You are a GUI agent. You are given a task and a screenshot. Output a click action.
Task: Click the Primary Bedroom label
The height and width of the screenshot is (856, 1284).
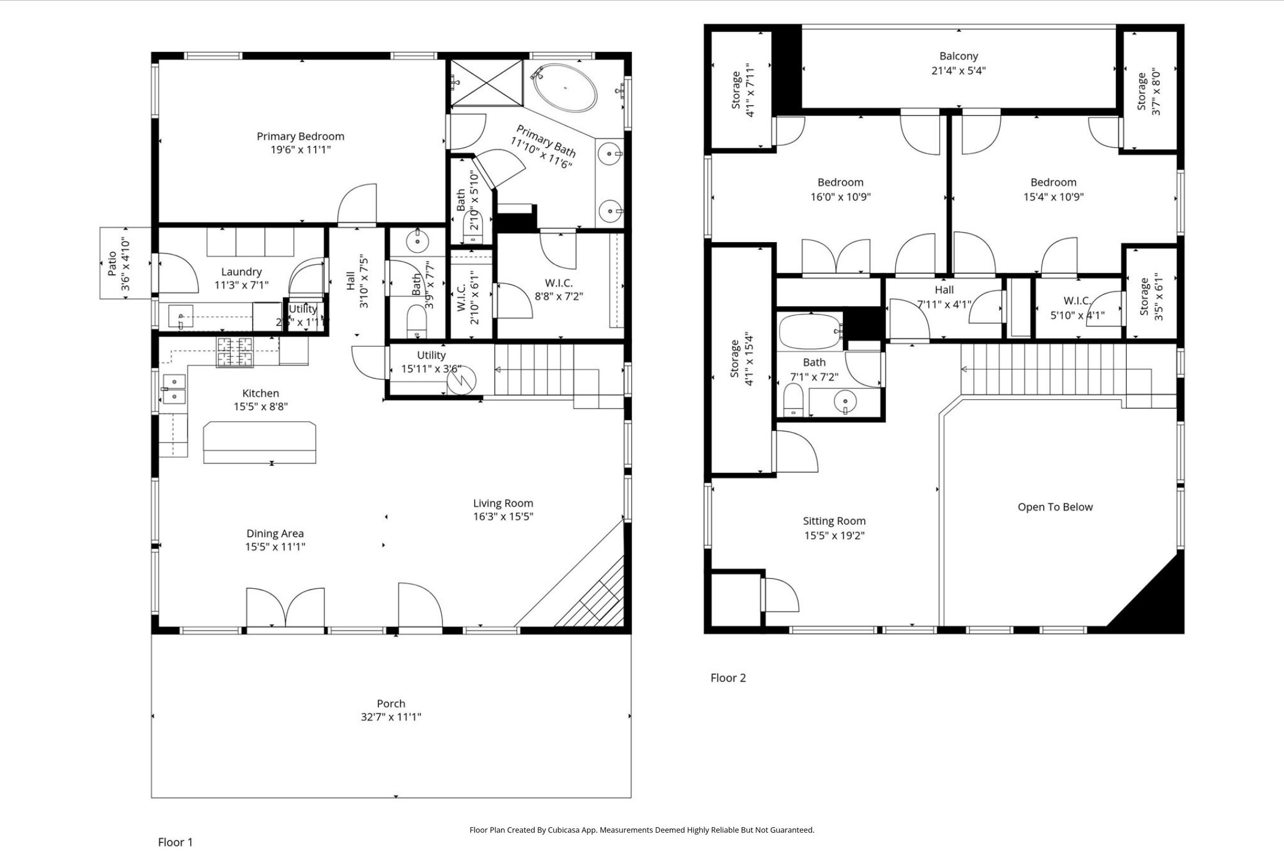click(300, 136)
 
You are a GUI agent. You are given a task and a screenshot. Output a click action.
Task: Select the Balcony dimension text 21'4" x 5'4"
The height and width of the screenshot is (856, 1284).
click(958, 71)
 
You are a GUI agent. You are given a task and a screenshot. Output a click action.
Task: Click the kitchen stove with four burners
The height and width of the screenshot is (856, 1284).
click(234, 352)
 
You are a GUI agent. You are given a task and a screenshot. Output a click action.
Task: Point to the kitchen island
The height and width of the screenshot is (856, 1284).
click(259, 442)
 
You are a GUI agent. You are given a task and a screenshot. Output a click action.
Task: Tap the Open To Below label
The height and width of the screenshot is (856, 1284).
click(1055, 507)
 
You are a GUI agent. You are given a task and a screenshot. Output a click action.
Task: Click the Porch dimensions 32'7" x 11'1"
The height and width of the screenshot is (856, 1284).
click(391, 717)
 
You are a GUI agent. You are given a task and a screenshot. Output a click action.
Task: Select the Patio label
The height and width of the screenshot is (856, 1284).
click(112, 264)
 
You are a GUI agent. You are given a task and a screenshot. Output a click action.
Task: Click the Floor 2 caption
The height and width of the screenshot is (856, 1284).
click(728, 678)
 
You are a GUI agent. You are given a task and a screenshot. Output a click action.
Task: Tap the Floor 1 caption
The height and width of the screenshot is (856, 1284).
click(175, 842)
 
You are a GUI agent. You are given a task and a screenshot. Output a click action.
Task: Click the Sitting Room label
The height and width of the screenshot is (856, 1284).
click(834, 521)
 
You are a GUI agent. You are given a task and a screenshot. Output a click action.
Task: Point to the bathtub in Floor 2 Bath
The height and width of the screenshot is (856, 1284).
click(810, 331)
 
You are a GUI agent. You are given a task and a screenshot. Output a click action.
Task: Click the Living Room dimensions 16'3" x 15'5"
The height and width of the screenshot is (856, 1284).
click(503, 516)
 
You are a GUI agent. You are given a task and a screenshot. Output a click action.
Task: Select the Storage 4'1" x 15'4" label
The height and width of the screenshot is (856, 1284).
click(740, 363)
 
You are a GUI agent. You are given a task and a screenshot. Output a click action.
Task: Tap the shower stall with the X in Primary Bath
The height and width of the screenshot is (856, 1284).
click(486, 82)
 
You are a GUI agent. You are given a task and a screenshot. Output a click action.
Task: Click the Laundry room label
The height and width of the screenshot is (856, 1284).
click(241, 272)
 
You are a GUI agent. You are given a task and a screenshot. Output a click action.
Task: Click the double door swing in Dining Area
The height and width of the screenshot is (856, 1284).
click(286, 607)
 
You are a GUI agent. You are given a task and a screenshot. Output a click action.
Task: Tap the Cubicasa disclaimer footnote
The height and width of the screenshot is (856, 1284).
click(641, 830)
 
